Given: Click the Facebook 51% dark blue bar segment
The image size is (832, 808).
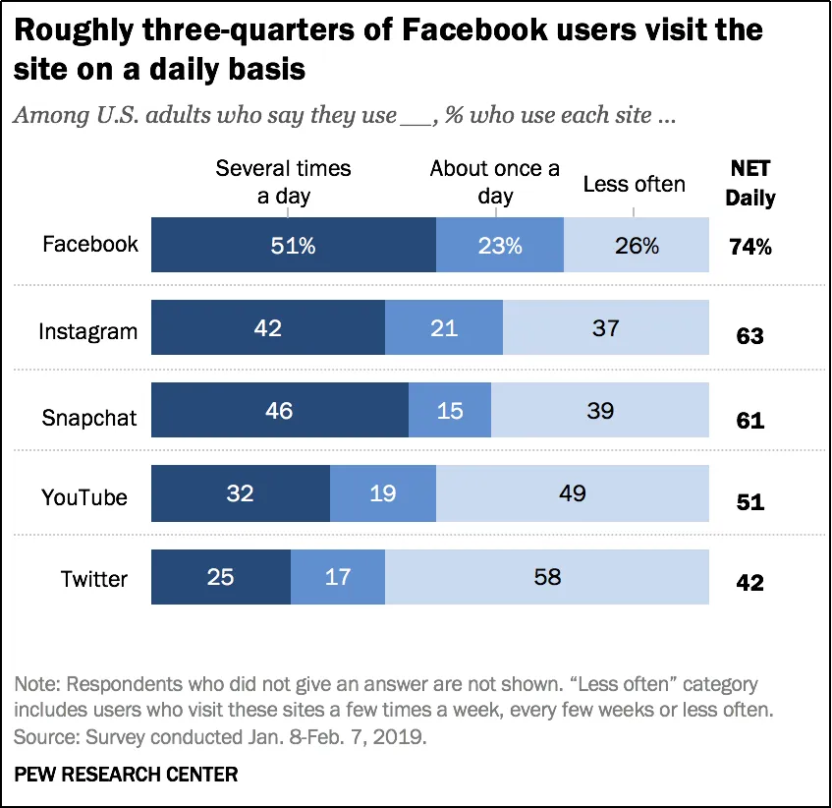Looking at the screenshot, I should [x=293, y=246].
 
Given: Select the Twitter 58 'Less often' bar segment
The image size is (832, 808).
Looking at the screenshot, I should [x=546, y=577].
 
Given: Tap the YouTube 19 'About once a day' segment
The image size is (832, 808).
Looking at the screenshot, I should [x=382, y=493].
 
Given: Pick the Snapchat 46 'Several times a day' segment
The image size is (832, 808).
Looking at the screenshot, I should [x=279, y=411].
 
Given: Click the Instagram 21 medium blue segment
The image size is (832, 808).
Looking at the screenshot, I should [x=443, y=328].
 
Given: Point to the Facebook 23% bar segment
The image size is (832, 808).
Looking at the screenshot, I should [x=499, y=246].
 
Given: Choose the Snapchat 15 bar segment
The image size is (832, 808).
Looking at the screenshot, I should [x=449, y=411].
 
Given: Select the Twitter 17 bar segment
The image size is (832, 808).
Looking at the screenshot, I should [x=337, y=577].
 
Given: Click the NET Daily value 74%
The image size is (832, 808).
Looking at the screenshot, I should [x=749, y=248].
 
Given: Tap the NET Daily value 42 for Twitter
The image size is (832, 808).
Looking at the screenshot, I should [x=749, y=582].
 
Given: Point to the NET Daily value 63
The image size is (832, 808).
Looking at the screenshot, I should [x=749, y=336].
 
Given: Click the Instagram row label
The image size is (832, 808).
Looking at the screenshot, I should [x=87, y=331].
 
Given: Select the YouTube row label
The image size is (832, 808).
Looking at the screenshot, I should [x=84, y=497].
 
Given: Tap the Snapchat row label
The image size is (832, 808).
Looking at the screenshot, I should [x=88, y=417].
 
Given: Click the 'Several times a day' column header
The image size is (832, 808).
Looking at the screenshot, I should [x=283, y=182].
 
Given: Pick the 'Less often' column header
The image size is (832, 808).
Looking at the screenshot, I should [x=634, y=185].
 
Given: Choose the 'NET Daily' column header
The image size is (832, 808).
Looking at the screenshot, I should [x=749, y=184].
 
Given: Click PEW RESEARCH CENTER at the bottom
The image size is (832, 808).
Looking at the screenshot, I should [x=126, y=775].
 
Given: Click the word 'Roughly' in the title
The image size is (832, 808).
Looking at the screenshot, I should [x=68, y=30].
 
